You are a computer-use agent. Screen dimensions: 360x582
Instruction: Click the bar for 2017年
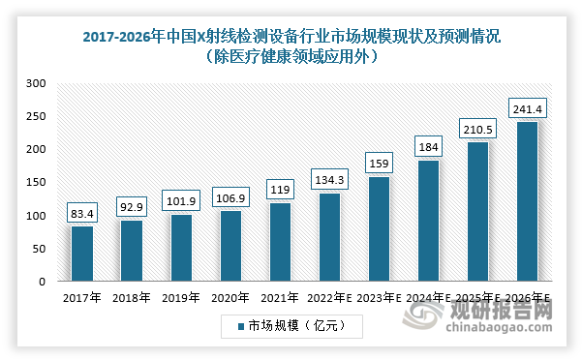[82, 254]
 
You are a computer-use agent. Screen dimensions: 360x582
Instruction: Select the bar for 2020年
[231, 246]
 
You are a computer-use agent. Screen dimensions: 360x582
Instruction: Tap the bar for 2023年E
[380, 229]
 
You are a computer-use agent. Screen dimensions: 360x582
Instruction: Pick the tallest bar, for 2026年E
[528, 201]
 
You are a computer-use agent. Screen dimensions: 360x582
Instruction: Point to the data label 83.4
[82, 212]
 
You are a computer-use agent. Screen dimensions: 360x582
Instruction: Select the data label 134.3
[330, 179]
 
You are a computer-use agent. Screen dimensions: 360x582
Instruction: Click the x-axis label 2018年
[132, 298]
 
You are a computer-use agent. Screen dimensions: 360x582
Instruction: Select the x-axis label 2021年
[281, 298]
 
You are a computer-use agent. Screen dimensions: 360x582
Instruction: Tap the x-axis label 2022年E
[330, 298]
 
